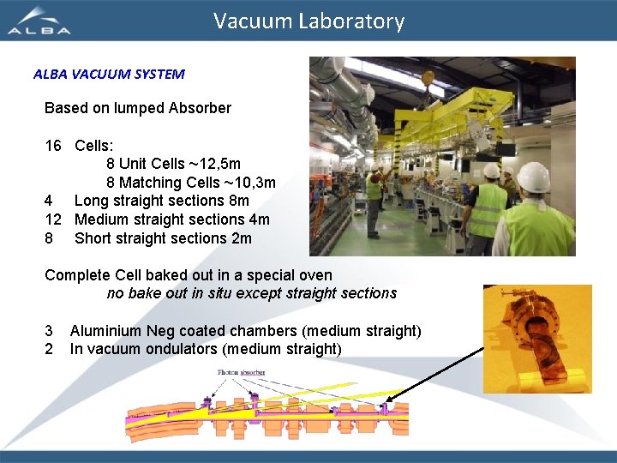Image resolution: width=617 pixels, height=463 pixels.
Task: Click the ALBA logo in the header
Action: (39, 21)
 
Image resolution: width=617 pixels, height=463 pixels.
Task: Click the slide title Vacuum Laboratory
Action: (308, 21)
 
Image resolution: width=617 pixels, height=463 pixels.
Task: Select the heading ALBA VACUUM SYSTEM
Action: (109, 74)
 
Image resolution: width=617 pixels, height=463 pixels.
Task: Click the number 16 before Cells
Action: (53, 146)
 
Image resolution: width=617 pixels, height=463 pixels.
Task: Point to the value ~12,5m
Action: (214, 163)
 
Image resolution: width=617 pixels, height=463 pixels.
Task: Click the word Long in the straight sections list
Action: (90, 201)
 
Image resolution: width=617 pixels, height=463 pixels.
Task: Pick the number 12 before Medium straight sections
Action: (53, 219)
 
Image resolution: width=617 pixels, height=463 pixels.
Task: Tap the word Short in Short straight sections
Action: (93, 238)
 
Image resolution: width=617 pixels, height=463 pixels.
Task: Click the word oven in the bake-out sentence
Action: (314, 276)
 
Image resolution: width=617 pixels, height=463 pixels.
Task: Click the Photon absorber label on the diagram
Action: (241, 373)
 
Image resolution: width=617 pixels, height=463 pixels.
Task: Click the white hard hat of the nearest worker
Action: (533, 177)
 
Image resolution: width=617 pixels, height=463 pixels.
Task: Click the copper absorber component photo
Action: (536, 340)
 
